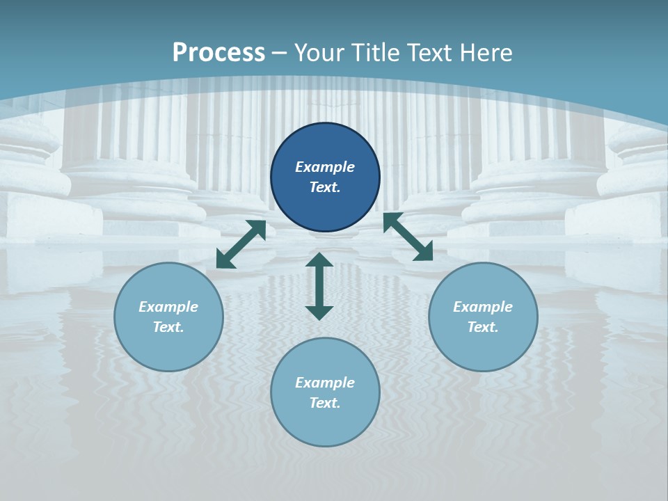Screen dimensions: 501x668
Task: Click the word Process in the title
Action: (x=218, y=52)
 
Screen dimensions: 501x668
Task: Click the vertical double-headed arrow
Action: (x=319, y=286)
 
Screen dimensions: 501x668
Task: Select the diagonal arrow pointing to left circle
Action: (x=241, y=244)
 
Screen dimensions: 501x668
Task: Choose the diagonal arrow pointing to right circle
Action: (x=408, y=237)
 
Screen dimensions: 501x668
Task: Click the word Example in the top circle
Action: (x=325, y=167)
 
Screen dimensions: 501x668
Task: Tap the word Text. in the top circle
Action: (x=325, y=187)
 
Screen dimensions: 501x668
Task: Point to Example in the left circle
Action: (x=168, y=307)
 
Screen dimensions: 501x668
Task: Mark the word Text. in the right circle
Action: (x=483, y=327)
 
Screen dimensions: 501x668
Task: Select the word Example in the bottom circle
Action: (x=325, y=383)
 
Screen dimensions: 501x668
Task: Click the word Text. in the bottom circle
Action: (x=325, y=403)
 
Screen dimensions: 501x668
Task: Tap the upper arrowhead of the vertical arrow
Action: (x=319, y=260)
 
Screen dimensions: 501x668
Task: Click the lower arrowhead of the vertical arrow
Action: (x=319, y=312)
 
